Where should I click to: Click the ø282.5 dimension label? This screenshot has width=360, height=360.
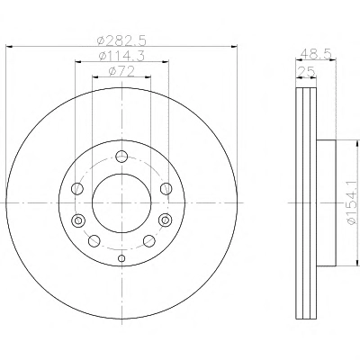click(121, 40)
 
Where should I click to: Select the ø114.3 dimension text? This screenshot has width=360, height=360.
click(121, 56)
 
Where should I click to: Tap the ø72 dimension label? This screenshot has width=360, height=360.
click(121, 71)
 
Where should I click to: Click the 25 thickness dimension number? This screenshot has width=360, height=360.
click(306, 72)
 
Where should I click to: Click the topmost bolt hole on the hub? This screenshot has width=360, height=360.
click(121, 156)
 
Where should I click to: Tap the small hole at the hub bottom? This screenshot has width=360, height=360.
click(121, 258)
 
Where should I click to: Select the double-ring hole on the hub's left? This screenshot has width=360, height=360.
click(78, 220)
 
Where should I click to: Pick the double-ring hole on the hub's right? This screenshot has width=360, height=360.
click(166, 220)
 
